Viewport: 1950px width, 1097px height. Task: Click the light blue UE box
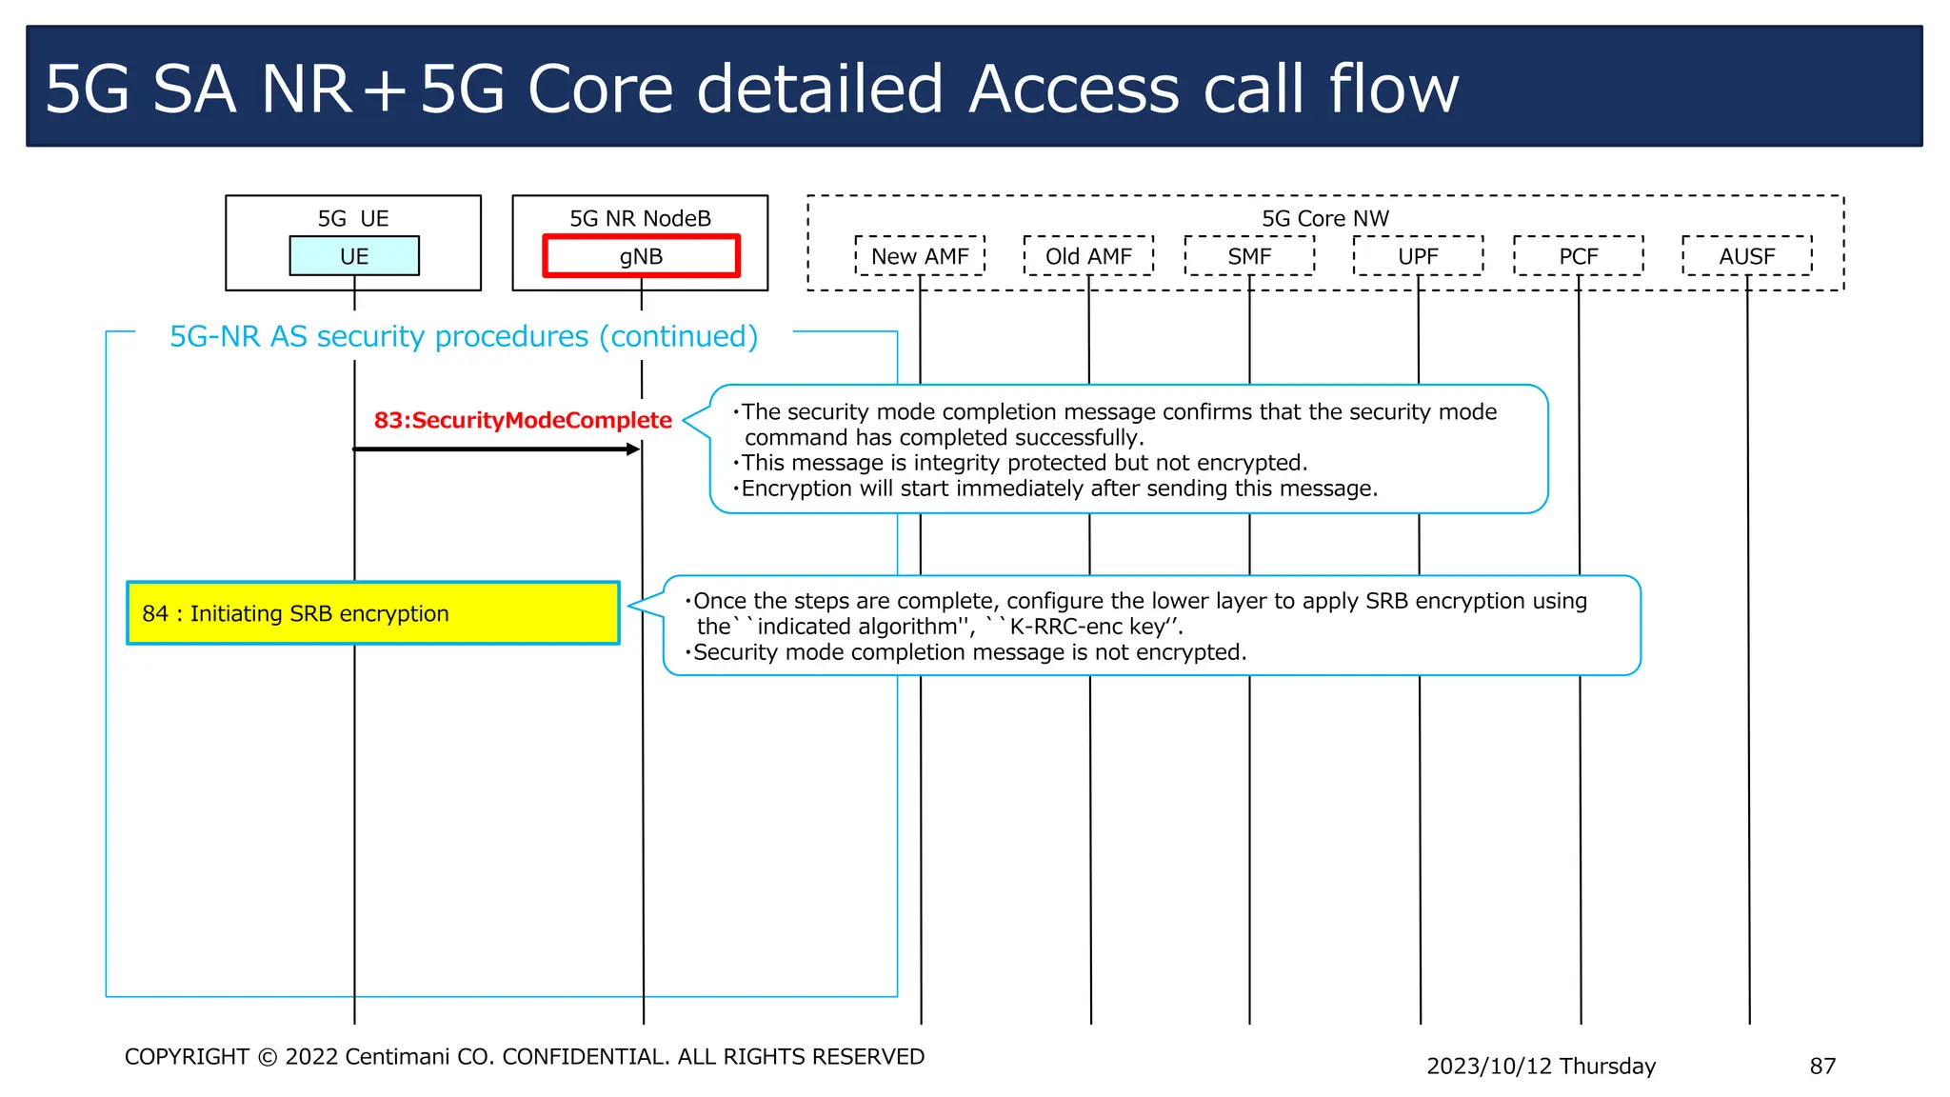[x=354, y=256]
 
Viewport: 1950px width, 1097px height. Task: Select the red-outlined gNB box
[x=641, y=256]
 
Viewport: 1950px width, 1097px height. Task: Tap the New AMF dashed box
[x=920, y=256]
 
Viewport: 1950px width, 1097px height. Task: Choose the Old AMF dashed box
[x=1088, y=256]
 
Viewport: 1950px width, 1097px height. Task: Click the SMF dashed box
[x=1249, y=256]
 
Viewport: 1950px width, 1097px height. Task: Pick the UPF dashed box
[x=1418, y=256]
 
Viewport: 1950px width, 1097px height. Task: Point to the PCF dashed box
[x=1578, y=256]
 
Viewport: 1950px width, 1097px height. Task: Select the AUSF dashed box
[x=1746, y=256]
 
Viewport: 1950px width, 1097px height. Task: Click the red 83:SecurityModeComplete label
[x=523, y=420]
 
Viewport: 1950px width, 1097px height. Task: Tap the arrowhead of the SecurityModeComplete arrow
[x=633, y=449]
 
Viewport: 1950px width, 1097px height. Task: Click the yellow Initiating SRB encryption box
[x=373, y=613]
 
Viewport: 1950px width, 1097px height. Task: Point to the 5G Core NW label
[x=1324, y=218]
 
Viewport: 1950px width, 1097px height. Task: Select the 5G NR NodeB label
[x=640, y=218]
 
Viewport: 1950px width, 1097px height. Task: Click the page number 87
[x=1821, y=1066]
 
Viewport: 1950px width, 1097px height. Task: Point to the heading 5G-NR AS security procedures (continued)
[x=464, y=336]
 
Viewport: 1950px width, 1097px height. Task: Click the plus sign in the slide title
[x=386, y=90]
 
